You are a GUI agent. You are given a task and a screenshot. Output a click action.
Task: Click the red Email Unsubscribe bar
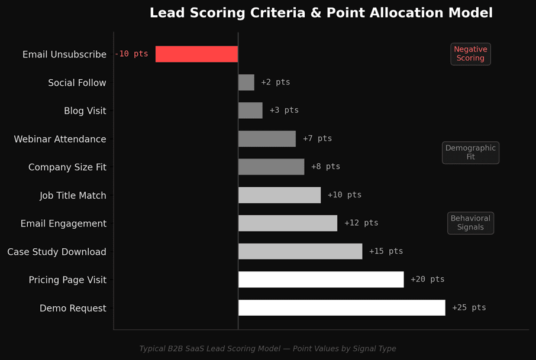click(196, 54)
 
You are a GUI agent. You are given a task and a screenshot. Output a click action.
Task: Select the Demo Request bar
click(341, 308)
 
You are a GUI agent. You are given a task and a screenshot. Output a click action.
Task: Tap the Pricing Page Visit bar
click(321, 280)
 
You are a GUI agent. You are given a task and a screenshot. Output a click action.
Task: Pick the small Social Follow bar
click(246, 83)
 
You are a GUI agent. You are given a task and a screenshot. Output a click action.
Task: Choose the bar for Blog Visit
click(250, 111)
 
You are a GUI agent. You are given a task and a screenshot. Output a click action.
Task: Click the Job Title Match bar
click(279, 195)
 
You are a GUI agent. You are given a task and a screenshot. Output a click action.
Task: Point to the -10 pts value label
click(131, 54)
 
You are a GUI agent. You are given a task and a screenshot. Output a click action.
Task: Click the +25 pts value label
click(469, 308)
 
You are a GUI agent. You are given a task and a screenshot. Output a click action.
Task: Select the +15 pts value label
click(386, 251)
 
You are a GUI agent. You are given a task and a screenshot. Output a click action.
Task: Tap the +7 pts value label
click(317, 139)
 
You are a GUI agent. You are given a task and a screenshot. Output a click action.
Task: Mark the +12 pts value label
click(361, 223)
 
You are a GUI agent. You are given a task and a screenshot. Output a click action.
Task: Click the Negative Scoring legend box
click(470, 54)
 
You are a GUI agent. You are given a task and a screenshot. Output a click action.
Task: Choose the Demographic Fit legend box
click(470, 153)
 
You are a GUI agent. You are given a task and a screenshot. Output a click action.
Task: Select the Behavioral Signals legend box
click(470, 223)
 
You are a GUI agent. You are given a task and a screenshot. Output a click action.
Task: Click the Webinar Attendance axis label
click(60, 140)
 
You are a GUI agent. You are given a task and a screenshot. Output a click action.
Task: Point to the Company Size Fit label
click(67, 167)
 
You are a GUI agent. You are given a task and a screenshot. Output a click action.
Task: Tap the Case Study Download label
click(57, 252)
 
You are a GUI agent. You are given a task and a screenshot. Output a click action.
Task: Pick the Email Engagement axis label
click(63, 224)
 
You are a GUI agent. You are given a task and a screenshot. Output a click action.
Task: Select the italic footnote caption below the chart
click(267, 349)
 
